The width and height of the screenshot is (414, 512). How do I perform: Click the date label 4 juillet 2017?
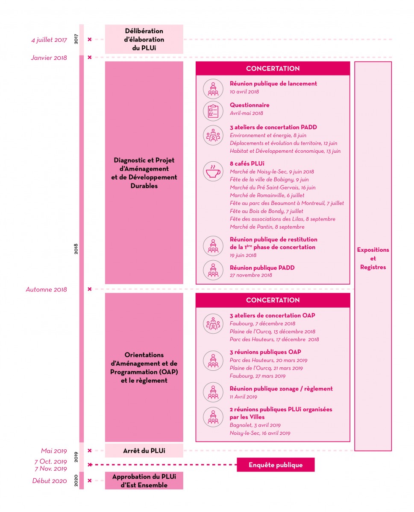(49, 40)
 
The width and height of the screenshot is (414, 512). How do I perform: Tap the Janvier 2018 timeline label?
(49, 58)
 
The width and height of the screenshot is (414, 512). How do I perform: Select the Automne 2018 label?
(46, 290)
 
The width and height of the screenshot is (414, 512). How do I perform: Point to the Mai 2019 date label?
(54, 451)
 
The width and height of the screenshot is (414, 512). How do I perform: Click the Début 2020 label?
(50, 481)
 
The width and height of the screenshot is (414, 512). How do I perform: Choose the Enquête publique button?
(276, 465)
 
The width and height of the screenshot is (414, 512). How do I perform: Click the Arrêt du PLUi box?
(144, 451)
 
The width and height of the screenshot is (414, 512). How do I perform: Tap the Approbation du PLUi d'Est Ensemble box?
(144, 481)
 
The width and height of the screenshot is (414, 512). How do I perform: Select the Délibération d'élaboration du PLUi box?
(144, 39)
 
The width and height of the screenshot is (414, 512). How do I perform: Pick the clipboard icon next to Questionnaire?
(213, 111)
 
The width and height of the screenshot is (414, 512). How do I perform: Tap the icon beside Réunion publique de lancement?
(213, 89)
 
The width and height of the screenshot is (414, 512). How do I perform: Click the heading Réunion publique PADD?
(262, 268)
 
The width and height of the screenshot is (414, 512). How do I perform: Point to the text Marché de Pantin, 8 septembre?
(267, 227)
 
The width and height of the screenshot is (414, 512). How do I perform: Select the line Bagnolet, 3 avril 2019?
(255, 425)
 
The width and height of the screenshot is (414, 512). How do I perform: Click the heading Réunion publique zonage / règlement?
(281, 389)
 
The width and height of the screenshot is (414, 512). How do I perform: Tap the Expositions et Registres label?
(373, 259)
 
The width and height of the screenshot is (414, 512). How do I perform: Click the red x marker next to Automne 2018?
(89, 289)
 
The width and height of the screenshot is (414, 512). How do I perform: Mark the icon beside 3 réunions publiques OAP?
(213, 361)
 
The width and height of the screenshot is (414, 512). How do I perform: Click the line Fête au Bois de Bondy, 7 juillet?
(266, 211)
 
